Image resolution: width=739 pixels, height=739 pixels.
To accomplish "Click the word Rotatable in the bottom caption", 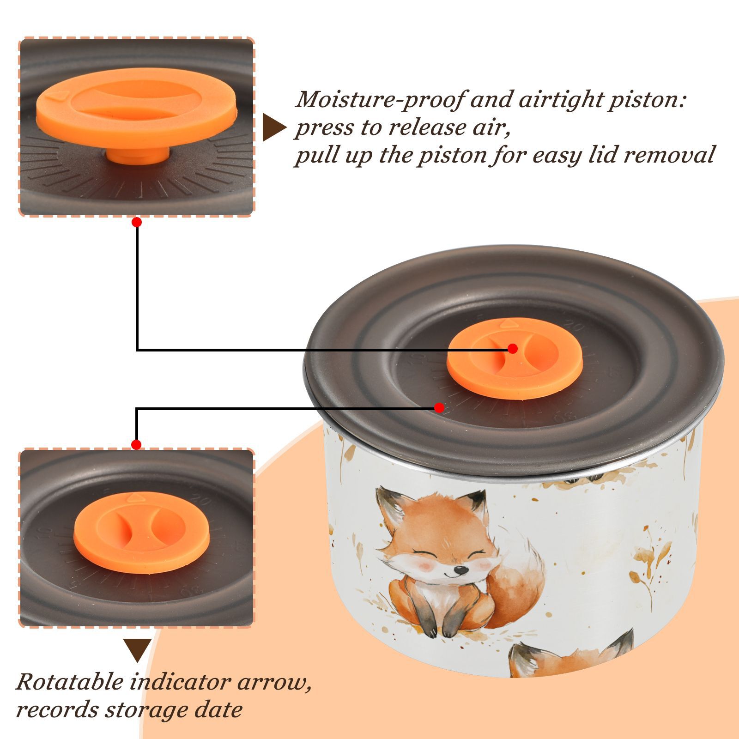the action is click(69, 682).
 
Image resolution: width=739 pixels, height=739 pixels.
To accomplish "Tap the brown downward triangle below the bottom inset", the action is click(137, 650).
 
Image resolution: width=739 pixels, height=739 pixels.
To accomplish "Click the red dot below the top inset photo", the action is click(137, 223).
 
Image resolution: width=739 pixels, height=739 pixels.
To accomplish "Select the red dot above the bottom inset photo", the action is click(136, 445).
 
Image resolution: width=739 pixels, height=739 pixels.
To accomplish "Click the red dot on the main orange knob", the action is click(512, 349).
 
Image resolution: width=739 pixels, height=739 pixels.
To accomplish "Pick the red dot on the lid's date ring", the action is click(439, 408).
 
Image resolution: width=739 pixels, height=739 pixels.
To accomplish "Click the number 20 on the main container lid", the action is click(574, 327).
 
